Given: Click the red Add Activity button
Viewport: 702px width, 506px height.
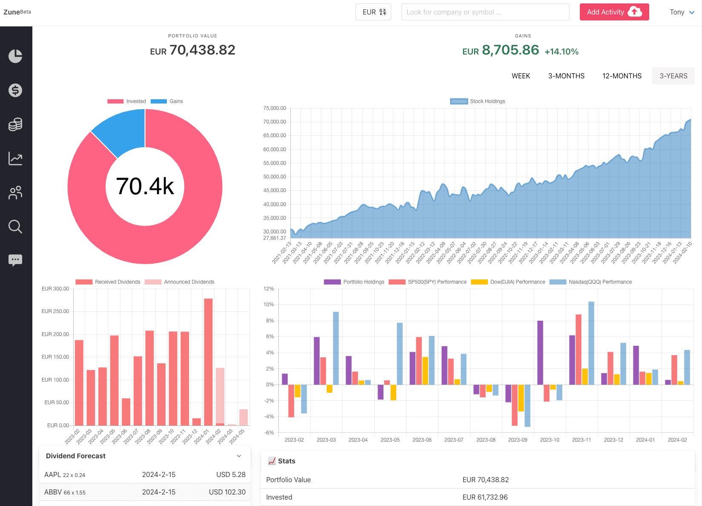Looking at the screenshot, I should [x=614, y=12].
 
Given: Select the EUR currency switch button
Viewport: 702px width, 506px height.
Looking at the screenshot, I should [x=373, y=12].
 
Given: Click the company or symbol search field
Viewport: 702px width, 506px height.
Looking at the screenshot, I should [x=485, y=12].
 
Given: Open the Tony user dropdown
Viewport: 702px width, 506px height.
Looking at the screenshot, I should [x=682, y=12].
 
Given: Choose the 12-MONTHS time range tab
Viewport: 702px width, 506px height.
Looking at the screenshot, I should [x=622, y=76].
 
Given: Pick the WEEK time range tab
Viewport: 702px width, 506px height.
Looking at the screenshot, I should [x=521, y=76].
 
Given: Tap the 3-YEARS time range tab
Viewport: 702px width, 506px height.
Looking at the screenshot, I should [x=673, y=76].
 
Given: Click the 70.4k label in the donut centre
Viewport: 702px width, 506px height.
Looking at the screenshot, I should [x=145, y=187].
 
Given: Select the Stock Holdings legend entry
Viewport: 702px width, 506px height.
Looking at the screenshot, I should [x=478, y=101].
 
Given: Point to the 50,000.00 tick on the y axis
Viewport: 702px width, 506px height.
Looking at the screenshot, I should [x=275, y=177].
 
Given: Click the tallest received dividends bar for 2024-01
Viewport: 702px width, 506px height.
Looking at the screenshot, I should [x=208, y=362].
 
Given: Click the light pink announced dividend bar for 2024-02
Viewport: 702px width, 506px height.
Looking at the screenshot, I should [x=220, y=394].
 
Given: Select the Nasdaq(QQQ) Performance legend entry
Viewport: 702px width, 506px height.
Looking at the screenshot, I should [x=591, y=282].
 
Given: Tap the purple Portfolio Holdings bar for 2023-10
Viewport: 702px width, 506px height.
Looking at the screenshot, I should [x=540, y=353].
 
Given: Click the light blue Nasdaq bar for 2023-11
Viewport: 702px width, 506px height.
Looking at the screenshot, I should [x=591, y=343].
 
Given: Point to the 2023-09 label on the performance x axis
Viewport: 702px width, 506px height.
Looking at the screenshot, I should [x=518, y=440].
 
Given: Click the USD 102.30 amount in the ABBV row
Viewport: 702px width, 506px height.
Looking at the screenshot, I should [x=227, y=492].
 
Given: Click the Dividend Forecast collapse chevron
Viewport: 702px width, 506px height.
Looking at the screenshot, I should [x=239, y=456].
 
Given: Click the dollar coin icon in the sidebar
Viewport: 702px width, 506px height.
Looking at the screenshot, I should [x=15, y=90].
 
